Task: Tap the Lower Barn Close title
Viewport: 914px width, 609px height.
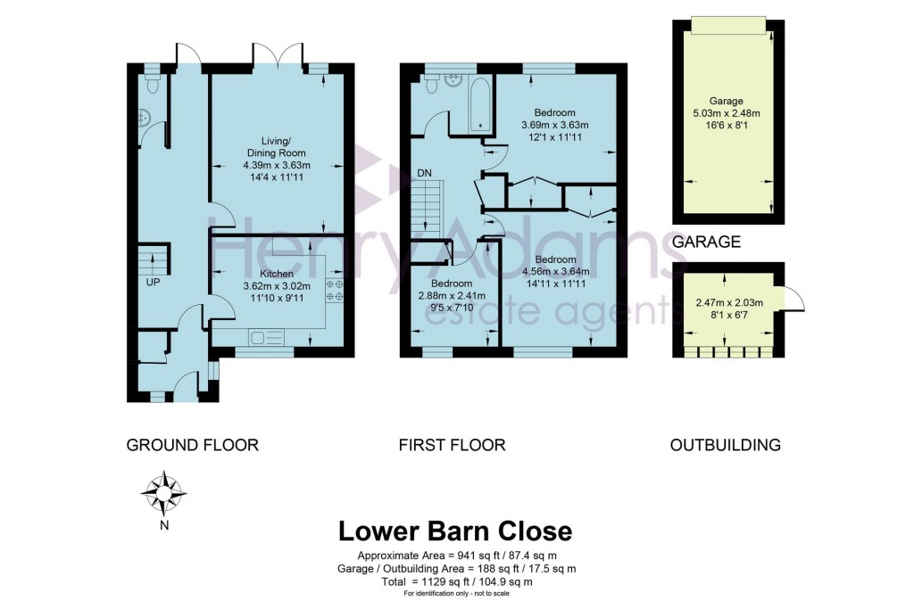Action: pos(455,531)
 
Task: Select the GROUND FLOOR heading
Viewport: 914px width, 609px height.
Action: pos(192,445)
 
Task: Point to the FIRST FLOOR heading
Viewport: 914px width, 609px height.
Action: pos(452,445)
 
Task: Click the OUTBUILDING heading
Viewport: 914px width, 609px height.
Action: pos(725,445)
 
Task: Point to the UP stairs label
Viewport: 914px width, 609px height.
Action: pos(153,282)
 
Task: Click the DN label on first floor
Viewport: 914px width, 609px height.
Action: pos(424,173)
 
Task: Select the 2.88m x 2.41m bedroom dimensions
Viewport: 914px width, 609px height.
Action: pos(452,296)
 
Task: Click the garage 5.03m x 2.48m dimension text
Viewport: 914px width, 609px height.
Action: pos(727,114)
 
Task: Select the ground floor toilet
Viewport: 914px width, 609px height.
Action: pos(153,84)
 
